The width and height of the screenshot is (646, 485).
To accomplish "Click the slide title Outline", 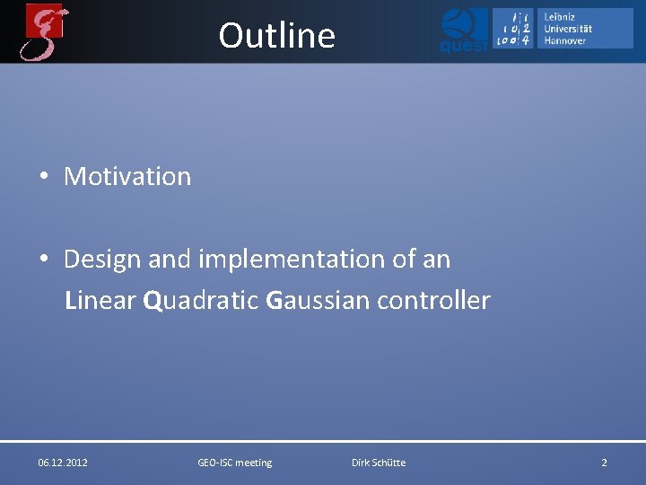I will coord(276,36).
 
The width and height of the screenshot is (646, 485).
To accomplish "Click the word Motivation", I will coord(127,176).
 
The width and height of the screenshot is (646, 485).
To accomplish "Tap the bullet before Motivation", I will coord(43,177).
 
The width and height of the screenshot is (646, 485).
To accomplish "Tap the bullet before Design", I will coord(43,260).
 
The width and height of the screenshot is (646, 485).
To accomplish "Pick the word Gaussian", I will coord(318,300).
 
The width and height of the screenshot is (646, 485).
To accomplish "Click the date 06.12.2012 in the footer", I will coord(63,463).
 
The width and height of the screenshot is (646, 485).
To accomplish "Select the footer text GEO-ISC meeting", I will coord(234,463).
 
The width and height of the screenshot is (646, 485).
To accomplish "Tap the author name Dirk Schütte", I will coord(379,463).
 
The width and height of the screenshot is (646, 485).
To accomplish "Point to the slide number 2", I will coord(604,463).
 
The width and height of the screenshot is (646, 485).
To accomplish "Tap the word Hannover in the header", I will coord(565,40).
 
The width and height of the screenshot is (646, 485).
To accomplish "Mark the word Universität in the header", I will coord(568,29).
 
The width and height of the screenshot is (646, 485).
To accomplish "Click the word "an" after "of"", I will coord(436,260).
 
